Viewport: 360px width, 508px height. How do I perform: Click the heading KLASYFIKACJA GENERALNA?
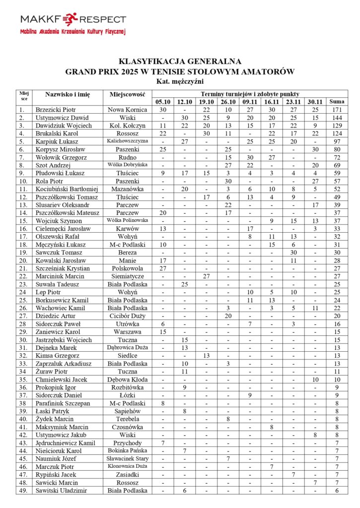[x=180, y=62]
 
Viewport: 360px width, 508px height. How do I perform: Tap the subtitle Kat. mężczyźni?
[x=180, y=81]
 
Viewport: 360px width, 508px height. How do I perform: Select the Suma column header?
[x=337, y=102]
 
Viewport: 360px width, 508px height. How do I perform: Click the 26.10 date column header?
[x=228, y=102]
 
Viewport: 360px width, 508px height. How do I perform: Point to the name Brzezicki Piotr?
[x=55, y=110]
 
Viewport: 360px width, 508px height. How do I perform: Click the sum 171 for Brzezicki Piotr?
[x=337, y=110]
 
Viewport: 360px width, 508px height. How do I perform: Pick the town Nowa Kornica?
[x=127, y=110]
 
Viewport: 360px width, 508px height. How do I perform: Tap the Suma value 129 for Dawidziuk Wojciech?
[x=337, y=126]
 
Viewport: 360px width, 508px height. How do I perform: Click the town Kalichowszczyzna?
[x=127, y=141]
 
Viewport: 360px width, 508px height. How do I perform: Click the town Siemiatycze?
[x=127, y=276]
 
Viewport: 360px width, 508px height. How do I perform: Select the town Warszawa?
[x=127, y=331]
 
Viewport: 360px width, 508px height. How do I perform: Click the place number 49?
[x=22, y=491]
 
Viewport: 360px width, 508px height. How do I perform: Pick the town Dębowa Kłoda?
[x=127, y=379]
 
